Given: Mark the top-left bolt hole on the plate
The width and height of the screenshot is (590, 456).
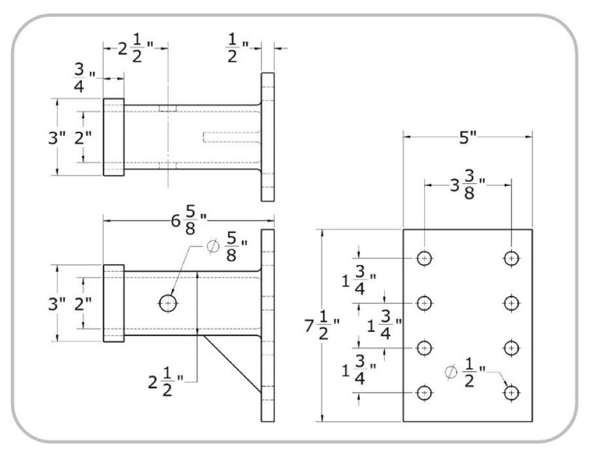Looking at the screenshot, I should (x=424, y=258).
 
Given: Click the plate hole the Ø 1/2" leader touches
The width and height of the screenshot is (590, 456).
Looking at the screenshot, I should (x=511, y=393).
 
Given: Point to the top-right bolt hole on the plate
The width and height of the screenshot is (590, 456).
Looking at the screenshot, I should (x=511, y=258).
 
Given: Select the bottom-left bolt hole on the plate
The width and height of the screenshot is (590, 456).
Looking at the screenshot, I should (x=424, y=393).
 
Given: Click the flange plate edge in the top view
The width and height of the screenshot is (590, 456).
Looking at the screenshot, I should (x=268, y=137).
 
